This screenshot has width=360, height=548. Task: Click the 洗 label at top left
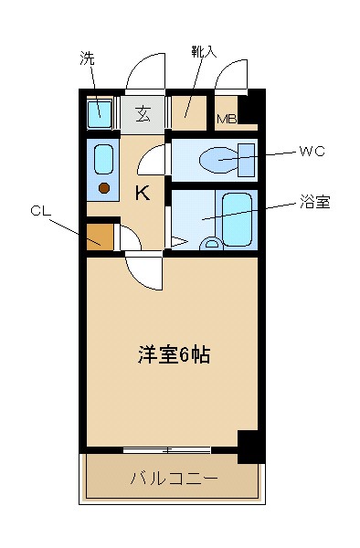pyautogui.click(x=87, y=59)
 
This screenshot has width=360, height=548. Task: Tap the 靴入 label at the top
pyautogui.click(x=204, y=50)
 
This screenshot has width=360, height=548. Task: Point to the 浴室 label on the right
pyautogui.click(x=314, y=203)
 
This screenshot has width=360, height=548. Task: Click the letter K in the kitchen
pyautogui.click(x=143, y=193)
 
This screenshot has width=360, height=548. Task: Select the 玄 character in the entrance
pyautogui.click(x=144, y=114)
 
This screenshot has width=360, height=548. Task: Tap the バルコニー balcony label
pyautogui.click(x=174, y=479)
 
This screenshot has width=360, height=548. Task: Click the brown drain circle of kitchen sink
pyautogui.click(x=104, y=188)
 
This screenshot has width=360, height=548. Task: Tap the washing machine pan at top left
pyautogui.click(x=99, y=114)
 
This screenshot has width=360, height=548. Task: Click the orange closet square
pyautogui.click(x=101, y=236)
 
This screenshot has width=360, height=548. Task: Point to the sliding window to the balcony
pyautogui.click(x=166, y=449)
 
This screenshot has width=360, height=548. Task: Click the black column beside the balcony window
pyautogui.click(x=249, y=445)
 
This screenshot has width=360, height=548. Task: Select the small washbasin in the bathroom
pyautogui.click(x=212, y=244)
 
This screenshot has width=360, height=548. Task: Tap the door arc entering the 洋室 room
pyautogui.click(x=144, y=271)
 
